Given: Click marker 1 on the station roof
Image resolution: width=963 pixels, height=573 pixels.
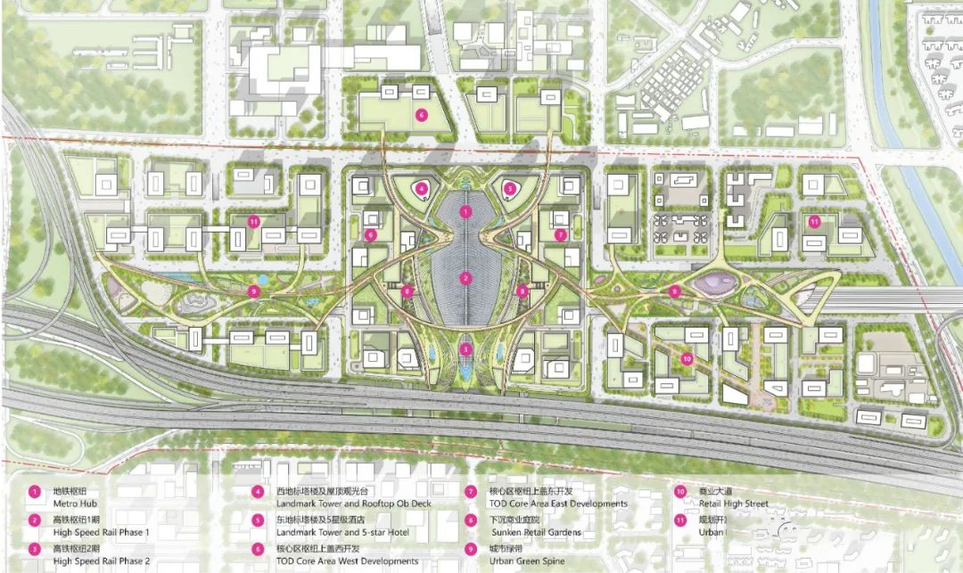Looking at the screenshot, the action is point(465,211).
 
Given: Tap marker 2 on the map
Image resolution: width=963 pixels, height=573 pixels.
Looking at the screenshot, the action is point(465,278).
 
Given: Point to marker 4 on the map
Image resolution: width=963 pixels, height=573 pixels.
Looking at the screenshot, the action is point(422,188).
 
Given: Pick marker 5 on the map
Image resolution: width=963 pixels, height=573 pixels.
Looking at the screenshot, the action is point(509,188).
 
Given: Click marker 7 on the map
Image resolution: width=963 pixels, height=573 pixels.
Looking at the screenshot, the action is point(560,234).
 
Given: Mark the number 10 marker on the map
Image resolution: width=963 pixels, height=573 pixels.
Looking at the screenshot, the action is point(687,358).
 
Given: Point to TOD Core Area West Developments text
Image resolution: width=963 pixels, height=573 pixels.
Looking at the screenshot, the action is point(335,561).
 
